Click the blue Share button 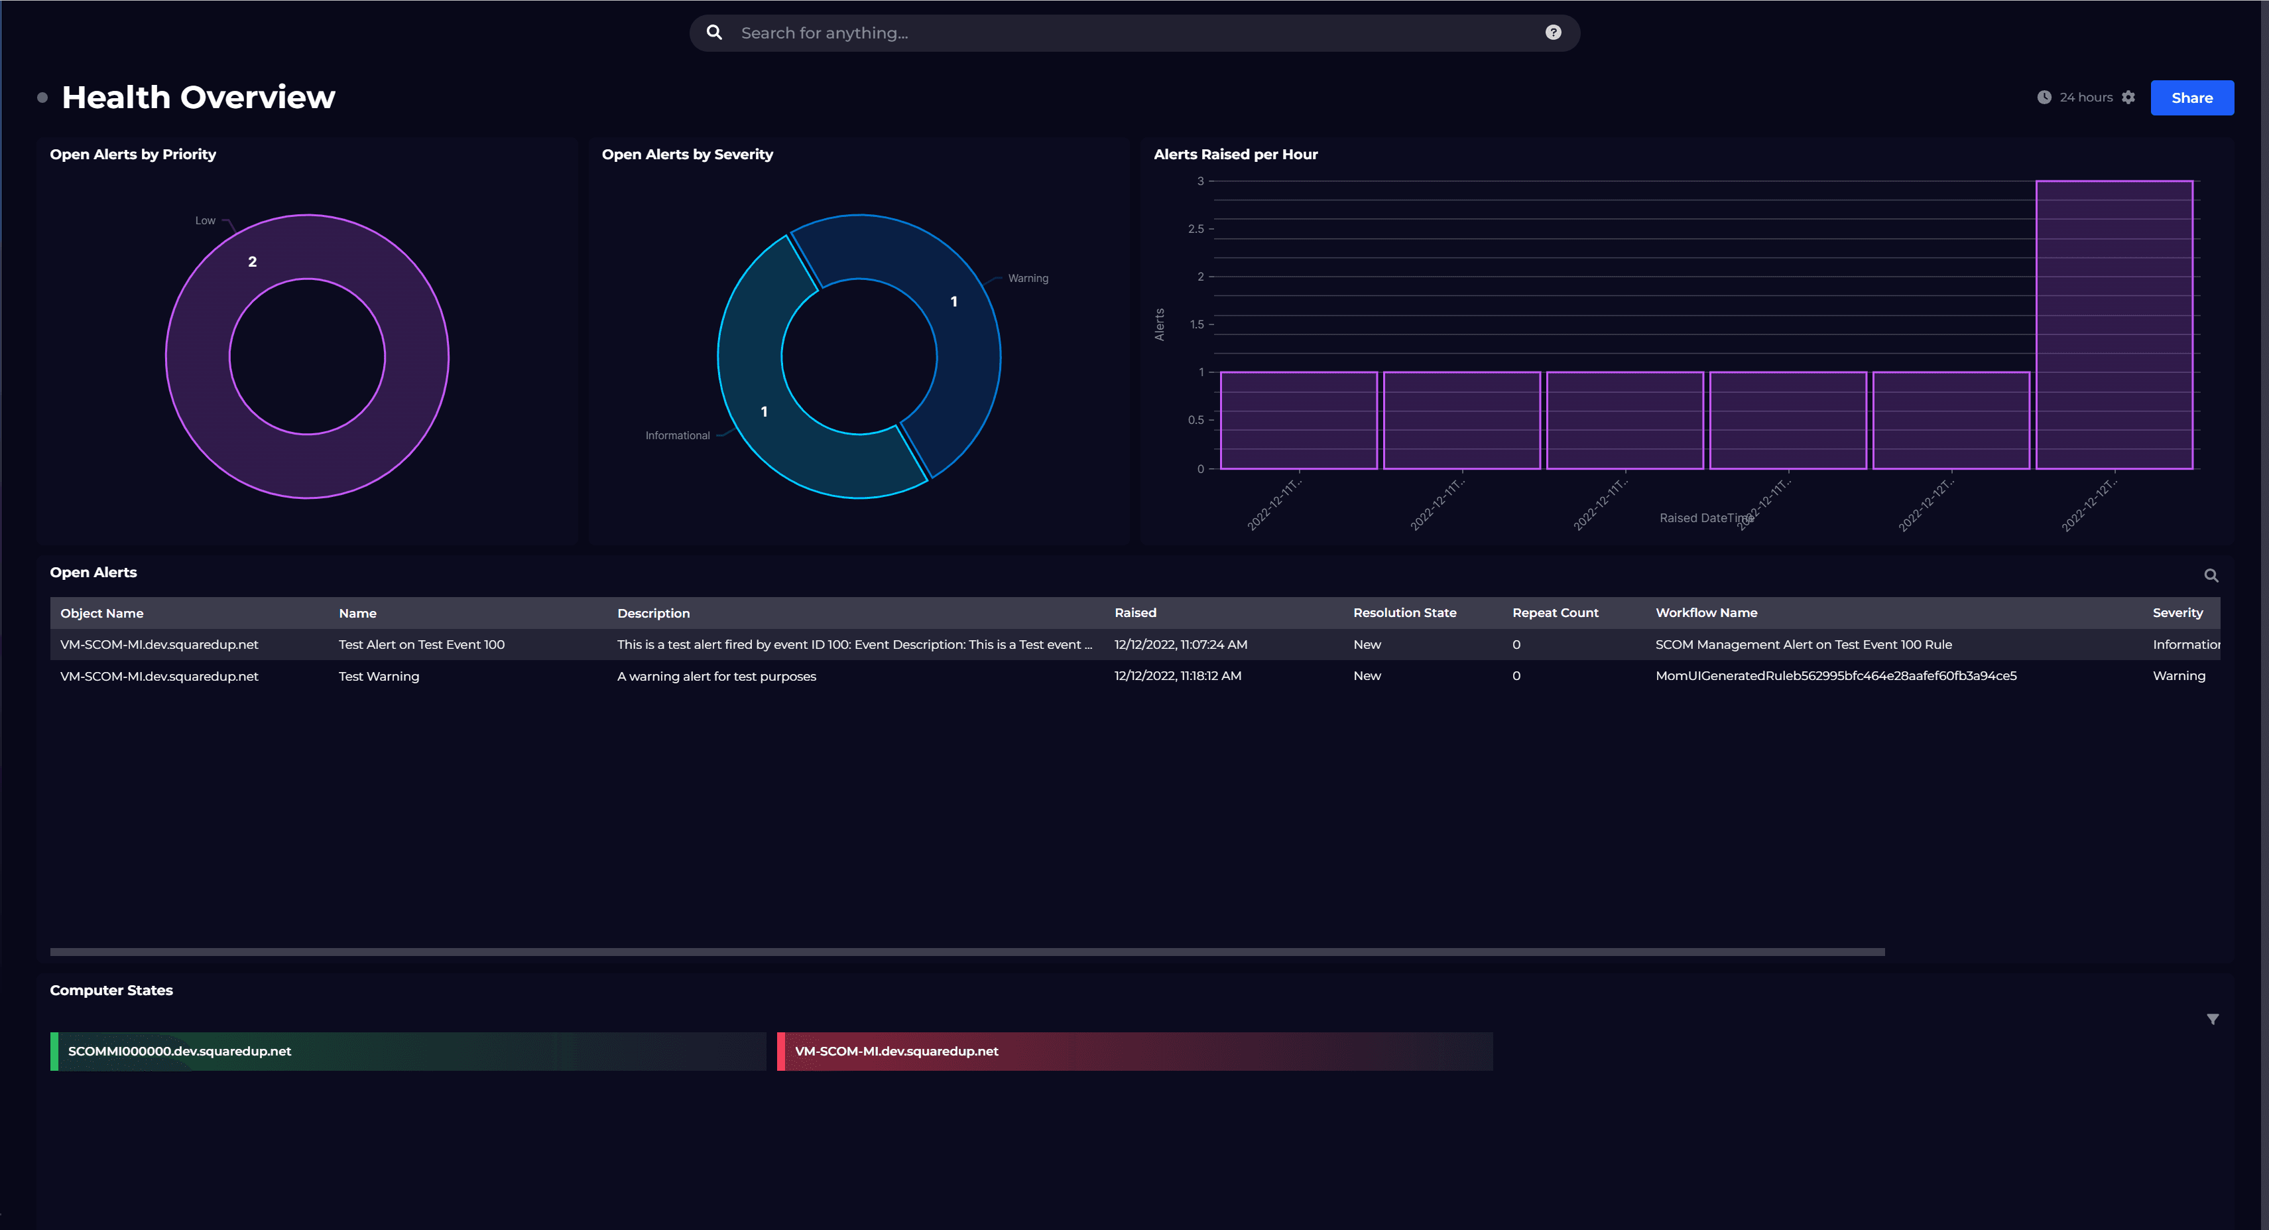2191,98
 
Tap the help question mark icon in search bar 1553,33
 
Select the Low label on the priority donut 206,220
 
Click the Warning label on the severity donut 1027,279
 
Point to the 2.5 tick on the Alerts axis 1196,229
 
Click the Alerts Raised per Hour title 1235,154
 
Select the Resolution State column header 1404,612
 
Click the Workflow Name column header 1705,612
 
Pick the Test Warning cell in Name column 379,676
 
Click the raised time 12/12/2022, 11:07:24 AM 1180,644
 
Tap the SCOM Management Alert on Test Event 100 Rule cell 1803,644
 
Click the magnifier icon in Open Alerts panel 2211,575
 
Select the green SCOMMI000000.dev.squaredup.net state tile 408,1051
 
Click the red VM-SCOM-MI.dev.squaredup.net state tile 1134,1051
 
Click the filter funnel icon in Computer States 2212,1020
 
